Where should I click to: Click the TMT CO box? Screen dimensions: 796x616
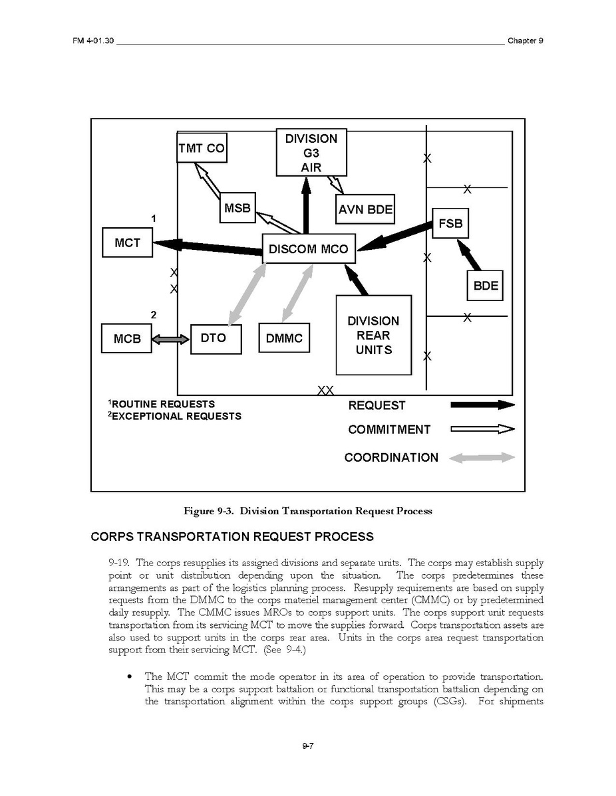point(201,149)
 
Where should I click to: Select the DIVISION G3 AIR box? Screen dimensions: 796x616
point(311,153)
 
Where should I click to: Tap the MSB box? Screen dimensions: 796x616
point(237,209)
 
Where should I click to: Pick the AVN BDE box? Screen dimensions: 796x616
point(365,211)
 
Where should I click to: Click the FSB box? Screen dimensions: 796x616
point(450,223)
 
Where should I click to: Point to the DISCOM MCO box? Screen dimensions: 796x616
point(309,249)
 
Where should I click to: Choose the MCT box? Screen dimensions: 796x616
point(127,243)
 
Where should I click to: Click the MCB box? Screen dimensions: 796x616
point(127,339)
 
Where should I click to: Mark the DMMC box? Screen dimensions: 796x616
point(284,339)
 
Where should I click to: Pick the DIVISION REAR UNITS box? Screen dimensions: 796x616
point(373,336)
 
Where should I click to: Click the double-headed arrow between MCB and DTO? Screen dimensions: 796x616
point(171,339)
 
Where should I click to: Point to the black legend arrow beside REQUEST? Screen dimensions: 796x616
point(482,405)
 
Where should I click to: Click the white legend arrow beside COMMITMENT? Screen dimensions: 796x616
point(482,429)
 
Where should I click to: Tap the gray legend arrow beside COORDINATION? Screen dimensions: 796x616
point(482,457)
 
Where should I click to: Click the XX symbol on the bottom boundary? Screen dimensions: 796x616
point(325,391)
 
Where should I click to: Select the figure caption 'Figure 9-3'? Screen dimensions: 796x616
point(308,511)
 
